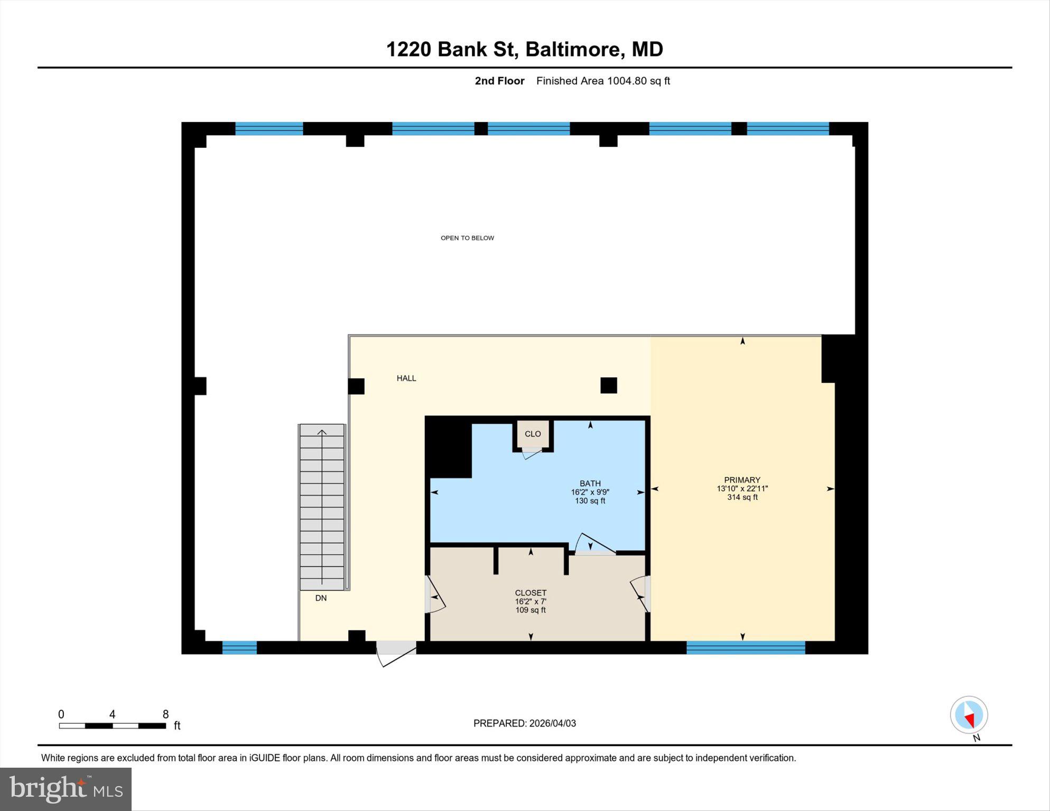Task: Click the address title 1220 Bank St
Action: pos(450,50)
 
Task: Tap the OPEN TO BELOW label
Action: pos(467,238)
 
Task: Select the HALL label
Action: pos(406,378)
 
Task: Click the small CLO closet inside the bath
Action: pos(533,434)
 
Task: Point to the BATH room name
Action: pos(590,483)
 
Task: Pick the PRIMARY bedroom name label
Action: pos(742,480)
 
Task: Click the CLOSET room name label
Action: pos(531,593)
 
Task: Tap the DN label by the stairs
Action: pos(321,598)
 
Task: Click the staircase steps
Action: pos(322,507)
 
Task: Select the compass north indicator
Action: pos(969,715)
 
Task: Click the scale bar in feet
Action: pos(113,726)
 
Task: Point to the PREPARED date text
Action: pos(524,723)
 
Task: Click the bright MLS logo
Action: pos(66,789)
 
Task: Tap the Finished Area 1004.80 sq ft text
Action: pos(603,81)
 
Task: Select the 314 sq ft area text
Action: pos(742,497)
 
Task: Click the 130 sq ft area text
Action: pos(590,501)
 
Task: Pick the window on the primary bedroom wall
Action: pos(746,647)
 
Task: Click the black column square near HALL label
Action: pos(356,386)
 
